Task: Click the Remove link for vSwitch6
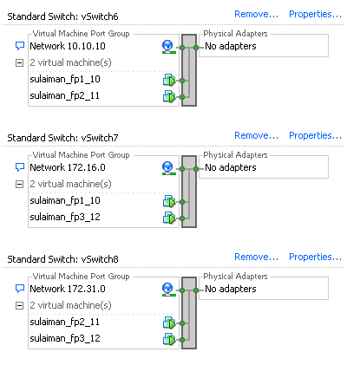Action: coord(256,14)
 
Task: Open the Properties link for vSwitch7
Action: coord(315,135)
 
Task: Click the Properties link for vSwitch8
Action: coord(315,257)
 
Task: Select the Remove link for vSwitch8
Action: coord(256,257)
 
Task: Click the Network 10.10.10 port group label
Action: coord(68,46)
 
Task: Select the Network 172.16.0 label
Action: coord(68,167)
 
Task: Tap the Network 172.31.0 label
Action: coord(68,289)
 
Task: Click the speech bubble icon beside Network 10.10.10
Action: coord(20,46)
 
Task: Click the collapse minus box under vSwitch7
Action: coord(19,184)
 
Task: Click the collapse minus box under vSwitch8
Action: coord(19,305)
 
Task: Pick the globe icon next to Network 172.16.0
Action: coord(169,168)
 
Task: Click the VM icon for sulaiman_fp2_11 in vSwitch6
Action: coord(169,96)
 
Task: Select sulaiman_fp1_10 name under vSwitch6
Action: coord(65,80)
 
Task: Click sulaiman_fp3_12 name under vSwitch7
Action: coord(65,218)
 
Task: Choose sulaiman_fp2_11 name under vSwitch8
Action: coord(65,323)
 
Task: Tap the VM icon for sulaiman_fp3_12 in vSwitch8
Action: coord(169,339)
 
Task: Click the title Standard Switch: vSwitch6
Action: coord(62,16)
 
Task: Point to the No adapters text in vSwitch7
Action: coord(231,167)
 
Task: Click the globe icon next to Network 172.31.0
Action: coord(169,290)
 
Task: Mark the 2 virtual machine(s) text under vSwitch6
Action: coord(70,62)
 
